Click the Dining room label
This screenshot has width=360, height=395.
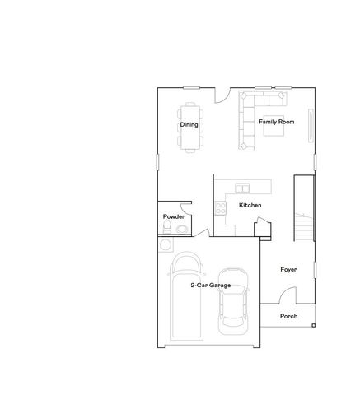point(189,125)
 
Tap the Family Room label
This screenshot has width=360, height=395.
point(276,122)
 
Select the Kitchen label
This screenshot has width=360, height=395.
point(250,205)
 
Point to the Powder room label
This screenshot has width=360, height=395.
point(173,216)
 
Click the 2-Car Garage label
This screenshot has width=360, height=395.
point(210,285)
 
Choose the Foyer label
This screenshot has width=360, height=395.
point(288,269)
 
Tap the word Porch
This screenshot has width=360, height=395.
point(288,316)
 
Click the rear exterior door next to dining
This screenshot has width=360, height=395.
point(220,95)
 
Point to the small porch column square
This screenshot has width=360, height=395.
point(314,325)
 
